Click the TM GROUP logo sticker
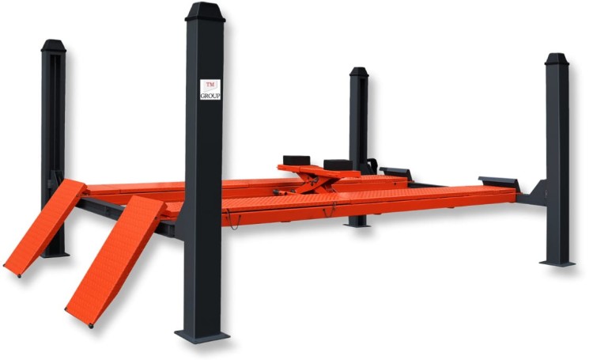click(210, 89)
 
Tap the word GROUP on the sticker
click(210, 97)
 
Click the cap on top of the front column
click(205, 12)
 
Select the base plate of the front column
click(202, 336)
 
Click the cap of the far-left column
click(53, 45)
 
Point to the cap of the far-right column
click(557, 59)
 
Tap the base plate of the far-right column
click(557, 263)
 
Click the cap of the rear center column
click(359, 72)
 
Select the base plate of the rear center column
click(357, 225)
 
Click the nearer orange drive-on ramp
click(115, 260)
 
